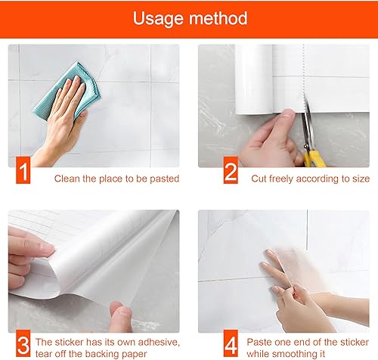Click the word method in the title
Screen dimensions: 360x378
[218, 18]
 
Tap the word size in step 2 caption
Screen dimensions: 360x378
[360, 179]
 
